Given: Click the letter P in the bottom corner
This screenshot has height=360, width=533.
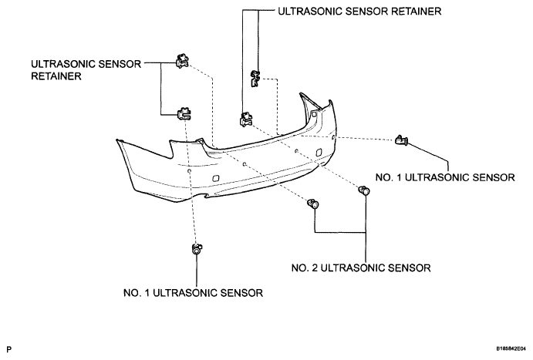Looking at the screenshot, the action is (8, 349).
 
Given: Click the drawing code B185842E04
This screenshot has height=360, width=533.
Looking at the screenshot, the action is (511, 348).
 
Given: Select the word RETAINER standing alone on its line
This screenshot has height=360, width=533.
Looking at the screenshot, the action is (56, 76).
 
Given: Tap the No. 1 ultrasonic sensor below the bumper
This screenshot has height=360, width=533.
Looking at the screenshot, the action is (197, 249).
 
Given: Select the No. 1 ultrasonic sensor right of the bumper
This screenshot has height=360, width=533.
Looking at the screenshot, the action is (402, 140).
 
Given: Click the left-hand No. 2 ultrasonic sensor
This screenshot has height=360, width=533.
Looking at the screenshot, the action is (312, 204).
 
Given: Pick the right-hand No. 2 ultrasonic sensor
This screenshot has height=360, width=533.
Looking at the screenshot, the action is (364, 190).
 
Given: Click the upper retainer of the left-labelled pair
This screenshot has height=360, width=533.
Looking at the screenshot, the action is (182, 61).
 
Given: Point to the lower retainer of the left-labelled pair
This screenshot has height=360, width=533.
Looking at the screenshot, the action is (184, 113).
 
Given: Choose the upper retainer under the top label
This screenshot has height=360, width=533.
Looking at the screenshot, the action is (255, 79).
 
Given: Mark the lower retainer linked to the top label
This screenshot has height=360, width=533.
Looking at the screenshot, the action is (246, 120).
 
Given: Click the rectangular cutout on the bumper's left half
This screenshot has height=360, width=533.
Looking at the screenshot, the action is (215, 179).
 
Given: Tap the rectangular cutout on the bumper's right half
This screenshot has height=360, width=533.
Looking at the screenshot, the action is (319, 153).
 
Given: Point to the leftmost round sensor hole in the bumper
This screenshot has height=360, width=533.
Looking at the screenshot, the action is (189, 171).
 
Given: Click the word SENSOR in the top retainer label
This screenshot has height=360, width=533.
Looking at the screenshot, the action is (366, 12).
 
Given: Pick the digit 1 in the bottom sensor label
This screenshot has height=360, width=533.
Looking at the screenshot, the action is (147, 293).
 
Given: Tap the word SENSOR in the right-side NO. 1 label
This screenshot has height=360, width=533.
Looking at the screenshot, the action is (494, 177).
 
